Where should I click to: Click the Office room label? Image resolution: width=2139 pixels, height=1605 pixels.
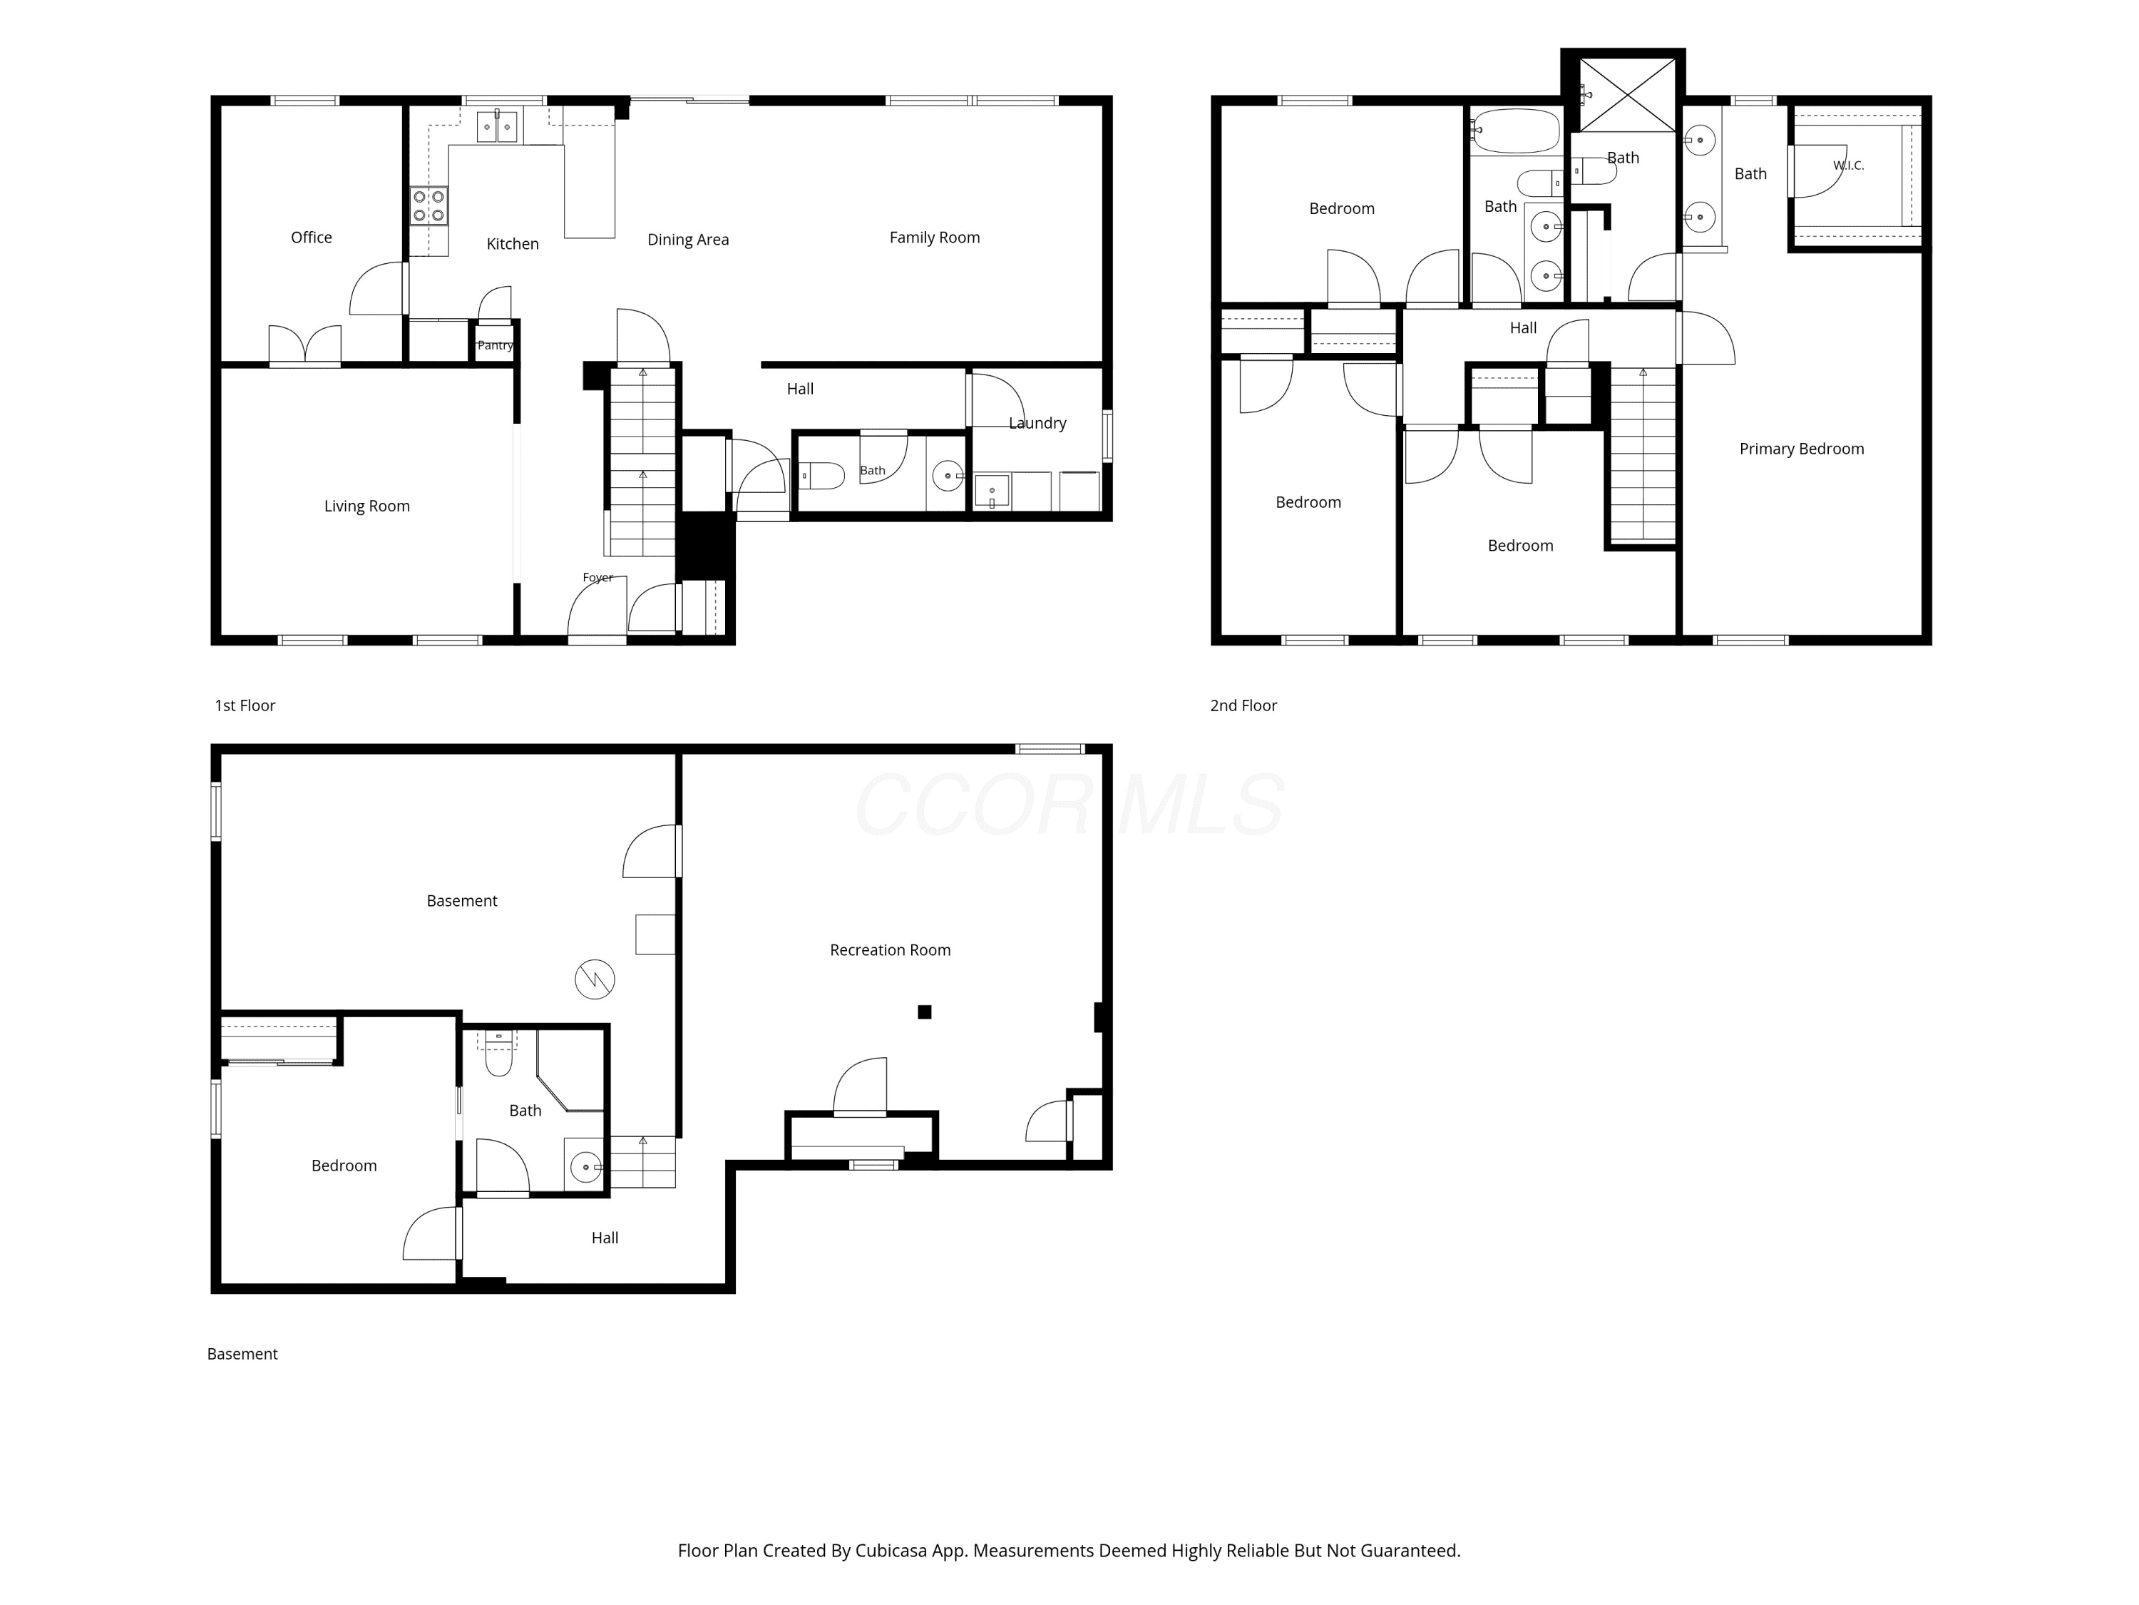(x=312, y=237)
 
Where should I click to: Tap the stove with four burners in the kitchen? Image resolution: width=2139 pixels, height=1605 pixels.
(x=429, y=205)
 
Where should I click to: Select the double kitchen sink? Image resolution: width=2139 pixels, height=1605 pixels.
(x=497, y=127)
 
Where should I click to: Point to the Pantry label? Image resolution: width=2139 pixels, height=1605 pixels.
(x=495, y=345)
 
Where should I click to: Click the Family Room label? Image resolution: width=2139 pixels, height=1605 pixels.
(x=934, y=237)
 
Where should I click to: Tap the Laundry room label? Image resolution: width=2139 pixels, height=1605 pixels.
(x=1037, y=423)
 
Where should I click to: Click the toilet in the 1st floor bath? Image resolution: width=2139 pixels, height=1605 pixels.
(x=821, y=476)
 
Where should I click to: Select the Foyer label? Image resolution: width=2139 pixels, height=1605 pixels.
(x=597, y=578)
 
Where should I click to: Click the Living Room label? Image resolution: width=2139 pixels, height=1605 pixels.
(x=366, y=506)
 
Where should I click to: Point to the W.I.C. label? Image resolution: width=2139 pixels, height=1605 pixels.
(x=1848, y=165)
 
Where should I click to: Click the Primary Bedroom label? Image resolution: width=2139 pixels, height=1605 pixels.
(x=1802, y=449)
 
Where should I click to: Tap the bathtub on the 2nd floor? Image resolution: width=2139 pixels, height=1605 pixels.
(x=1515, y=131)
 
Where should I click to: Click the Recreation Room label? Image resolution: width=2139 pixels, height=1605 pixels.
(x=890, y=950)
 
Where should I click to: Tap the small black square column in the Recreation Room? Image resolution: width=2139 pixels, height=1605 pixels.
(x=925, y=1012)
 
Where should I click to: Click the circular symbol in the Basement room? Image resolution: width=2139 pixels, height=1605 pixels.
(x=595, y=979)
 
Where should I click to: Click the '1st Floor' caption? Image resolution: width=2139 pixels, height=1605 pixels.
(x=245, y=705)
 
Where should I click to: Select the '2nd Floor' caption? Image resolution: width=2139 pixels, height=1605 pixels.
(x=1243, y=705)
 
